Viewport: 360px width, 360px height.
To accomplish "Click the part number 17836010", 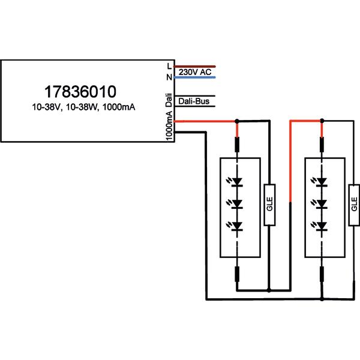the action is point(80,92).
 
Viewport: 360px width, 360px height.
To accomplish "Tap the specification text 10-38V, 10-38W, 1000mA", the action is point(83,107).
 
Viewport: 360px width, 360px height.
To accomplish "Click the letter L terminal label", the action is point(169,67).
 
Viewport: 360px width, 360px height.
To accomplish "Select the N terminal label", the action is point(169,77).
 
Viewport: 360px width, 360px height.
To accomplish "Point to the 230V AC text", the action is point(195,72).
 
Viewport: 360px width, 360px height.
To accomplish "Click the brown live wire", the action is point(194,67).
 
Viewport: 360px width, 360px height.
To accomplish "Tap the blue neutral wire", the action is point(194,77).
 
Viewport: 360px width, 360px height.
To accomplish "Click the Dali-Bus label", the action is point(194,101).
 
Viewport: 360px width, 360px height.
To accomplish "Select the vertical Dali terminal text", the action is point(169,100).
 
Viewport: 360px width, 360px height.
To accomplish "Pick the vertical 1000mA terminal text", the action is point(169,126).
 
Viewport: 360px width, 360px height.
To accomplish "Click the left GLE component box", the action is point(269,205).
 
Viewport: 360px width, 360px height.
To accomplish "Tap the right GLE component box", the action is point(354,205).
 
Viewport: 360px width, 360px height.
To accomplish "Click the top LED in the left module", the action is point(236,182).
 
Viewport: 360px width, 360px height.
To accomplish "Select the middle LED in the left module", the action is point(236,204).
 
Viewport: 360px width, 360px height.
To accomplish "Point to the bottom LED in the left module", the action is point(236,226).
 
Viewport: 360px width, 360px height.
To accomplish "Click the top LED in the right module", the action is point(321,182).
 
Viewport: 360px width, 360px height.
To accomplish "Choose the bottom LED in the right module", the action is point(321,226).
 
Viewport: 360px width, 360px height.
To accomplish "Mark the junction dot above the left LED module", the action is point(237,121).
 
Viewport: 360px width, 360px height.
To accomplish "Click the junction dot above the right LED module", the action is point(322,121).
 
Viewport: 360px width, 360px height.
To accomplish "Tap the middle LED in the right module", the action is point(321,204).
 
